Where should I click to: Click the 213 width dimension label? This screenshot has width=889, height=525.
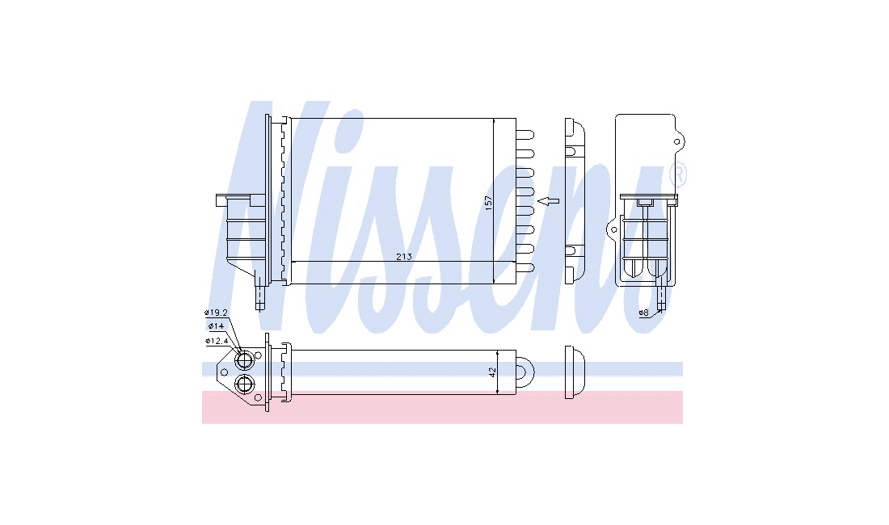pos(403,257)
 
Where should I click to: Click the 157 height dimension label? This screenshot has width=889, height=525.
pos(489,204)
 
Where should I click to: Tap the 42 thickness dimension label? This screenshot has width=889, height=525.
pos(492,372)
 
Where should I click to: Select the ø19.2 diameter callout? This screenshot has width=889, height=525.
pos(216,312)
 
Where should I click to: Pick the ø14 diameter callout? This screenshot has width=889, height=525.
pos(216,325)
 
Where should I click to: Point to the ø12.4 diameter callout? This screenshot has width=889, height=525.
pos(216,341)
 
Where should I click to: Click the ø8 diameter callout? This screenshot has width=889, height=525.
pos(643,313)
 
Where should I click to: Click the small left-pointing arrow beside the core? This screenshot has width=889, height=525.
pos(548,200)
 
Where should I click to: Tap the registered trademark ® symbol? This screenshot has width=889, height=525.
pos(678,175)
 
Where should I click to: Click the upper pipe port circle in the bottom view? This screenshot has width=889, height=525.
pos(245,361)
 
